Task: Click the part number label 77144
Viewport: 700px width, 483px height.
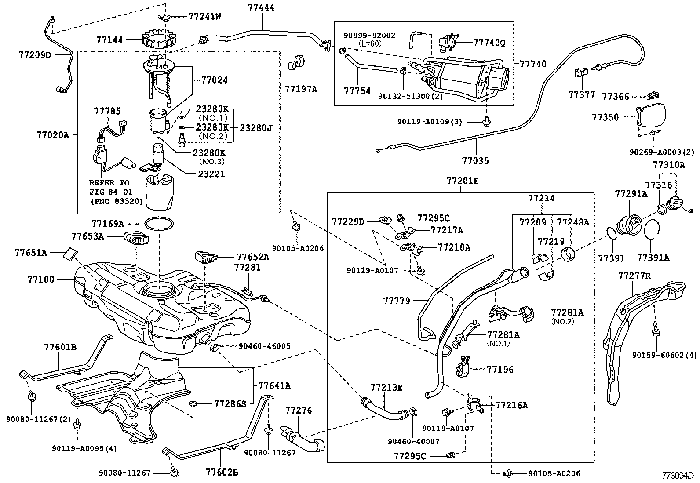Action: tap(109, 40)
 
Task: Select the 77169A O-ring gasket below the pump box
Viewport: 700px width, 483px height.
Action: tap(159, 224)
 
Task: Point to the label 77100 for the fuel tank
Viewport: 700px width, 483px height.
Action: tap(41, 280)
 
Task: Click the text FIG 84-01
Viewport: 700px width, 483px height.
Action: tap(111, 192)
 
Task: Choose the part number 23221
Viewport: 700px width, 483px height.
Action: tap(211, 174)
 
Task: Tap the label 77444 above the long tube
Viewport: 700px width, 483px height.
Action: tap(261, 7)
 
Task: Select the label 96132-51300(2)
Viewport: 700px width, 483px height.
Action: tap(410, 96)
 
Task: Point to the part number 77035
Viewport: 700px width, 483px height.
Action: tap(475, 160)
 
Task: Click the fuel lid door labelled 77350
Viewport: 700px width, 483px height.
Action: tap(651, 116)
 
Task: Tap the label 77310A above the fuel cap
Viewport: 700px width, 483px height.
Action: tap(669, 165)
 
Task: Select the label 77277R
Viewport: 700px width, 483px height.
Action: tap(634, 276)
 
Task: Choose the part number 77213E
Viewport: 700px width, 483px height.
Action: tap(386, 387)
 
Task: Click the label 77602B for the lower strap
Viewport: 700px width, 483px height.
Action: tap(222, 472)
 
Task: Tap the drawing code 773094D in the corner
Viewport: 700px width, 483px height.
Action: tap(678, 476)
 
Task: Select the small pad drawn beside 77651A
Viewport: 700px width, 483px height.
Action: tap(71, 254)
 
